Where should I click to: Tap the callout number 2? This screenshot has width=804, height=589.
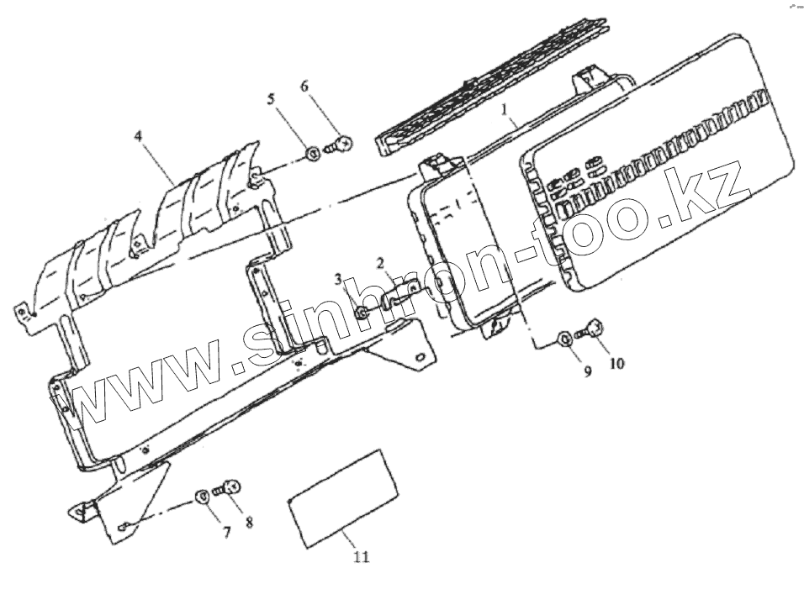380,263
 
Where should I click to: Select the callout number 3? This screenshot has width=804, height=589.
336,278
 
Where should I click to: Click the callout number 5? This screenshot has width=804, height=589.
271,98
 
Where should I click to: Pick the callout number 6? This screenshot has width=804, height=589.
304,87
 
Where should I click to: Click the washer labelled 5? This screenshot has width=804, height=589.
311,152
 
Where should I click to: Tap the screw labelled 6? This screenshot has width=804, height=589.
341,145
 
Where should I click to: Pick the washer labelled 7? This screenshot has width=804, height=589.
203,496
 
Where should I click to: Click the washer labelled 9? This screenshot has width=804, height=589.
565,339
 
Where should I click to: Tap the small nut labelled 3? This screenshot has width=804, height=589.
360,313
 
